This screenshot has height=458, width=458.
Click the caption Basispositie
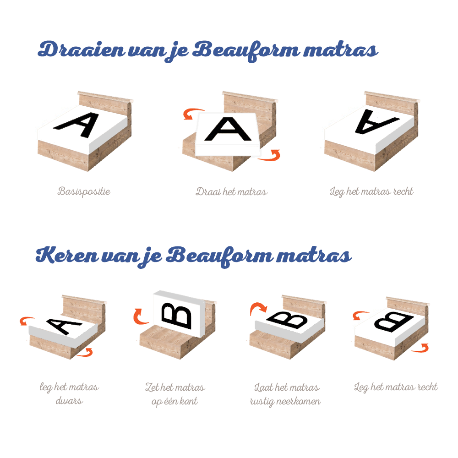click(x=84, y=191)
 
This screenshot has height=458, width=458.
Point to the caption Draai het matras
click(x=231, y=191)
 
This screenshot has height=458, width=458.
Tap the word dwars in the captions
click(x=69, y=401)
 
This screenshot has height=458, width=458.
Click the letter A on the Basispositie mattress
click(x=77, y=124)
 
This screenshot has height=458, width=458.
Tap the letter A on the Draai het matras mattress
click(x=228, y=130)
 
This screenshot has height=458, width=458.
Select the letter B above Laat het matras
click(x=288, y=319)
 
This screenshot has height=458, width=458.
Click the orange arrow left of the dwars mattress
click(x=27, y=321)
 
